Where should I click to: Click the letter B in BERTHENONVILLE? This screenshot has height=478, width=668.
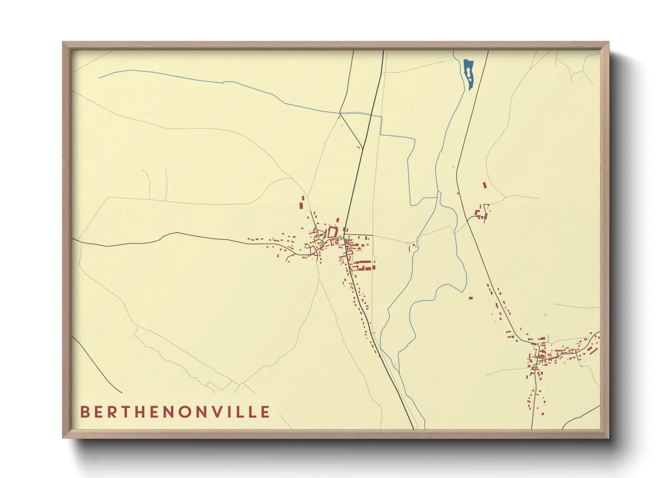(x=84, y=412)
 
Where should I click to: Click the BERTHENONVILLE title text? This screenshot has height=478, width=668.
(x=175, y=412)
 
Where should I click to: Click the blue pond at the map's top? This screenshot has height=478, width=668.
(x=468, y=75)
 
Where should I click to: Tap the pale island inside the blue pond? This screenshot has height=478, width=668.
(x=469, y=72)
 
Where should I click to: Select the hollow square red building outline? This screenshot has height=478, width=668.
(x=332, y=233)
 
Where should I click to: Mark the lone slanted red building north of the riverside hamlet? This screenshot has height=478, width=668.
(x=485, y=185)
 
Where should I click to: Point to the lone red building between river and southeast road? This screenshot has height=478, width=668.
(x=470, y=298)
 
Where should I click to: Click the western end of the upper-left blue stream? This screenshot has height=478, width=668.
(x=100, y=78)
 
